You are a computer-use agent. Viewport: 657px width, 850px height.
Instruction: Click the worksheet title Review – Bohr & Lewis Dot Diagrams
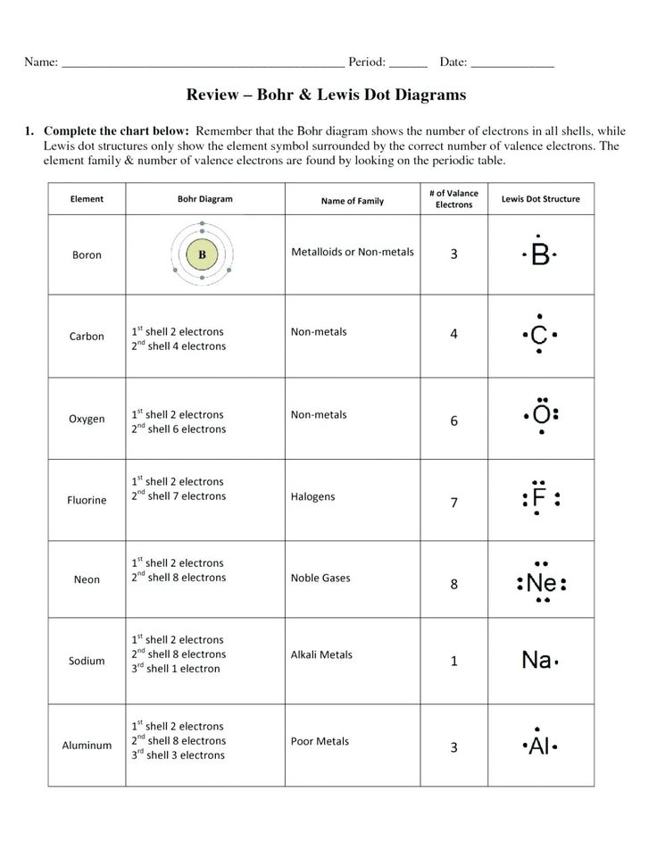(326, 94)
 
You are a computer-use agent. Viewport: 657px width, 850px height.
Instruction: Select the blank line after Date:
(512, 63)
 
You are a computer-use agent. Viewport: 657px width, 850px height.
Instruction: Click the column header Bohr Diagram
(204, 199)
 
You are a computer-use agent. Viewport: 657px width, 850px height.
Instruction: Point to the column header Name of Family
(352, 201)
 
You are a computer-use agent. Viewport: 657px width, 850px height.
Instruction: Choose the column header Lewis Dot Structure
(541, 199)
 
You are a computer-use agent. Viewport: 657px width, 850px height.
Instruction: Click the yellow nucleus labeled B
(203, 254)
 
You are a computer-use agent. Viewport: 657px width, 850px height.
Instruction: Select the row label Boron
(87, 255)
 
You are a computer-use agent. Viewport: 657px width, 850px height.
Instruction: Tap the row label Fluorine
(87, 500)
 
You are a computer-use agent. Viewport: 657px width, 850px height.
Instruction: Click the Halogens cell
(313, 496)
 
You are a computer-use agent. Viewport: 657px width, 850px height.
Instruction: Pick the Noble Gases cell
(320, 578)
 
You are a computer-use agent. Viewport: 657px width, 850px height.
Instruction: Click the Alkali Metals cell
(321, 654)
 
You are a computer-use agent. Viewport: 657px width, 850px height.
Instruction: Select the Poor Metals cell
(320, 741)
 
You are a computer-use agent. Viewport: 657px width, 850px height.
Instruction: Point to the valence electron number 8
(453, 585)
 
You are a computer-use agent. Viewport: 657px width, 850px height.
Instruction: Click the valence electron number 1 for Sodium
(453, 662)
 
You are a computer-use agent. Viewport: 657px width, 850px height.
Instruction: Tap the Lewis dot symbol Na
(538, 661)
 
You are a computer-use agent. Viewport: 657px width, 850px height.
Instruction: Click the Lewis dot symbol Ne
(540, 584)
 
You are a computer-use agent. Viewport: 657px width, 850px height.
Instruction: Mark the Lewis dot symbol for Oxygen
(540, 415)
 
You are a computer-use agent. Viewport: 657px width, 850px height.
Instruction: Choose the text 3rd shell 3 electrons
(179, 755)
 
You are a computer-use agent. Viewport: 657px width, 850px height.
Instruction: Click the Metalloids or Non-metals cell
(353, 252)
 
